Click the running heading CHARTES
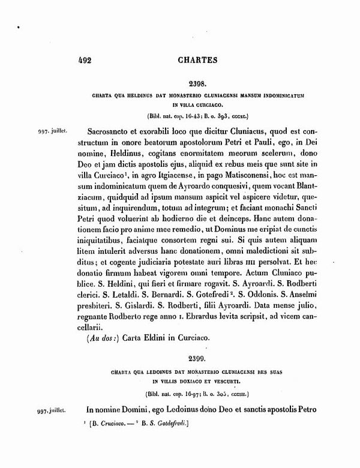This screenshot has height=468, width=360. tap(198, 60)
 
